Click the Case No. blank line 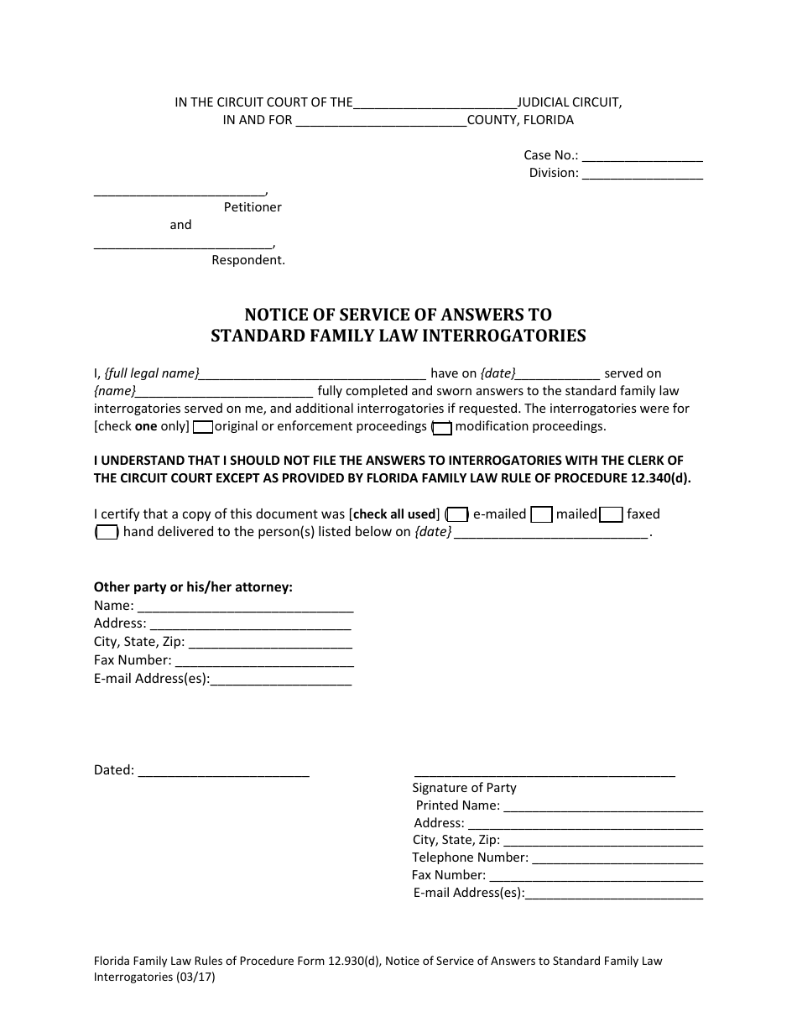642,157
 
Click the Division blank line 642,175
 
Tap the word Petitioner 253,207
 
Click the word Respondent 248,260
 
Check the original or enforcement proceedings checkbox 202,427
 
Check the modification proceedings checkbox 442,427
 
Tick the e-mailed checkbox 457,515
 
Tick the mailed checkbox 543,515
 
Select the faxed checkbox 612,515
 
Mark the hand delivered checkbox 107,533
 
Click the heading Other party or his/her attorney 193,587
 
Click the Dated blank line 223,771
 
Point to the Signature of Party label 464,788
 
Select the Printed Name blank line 603,806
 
